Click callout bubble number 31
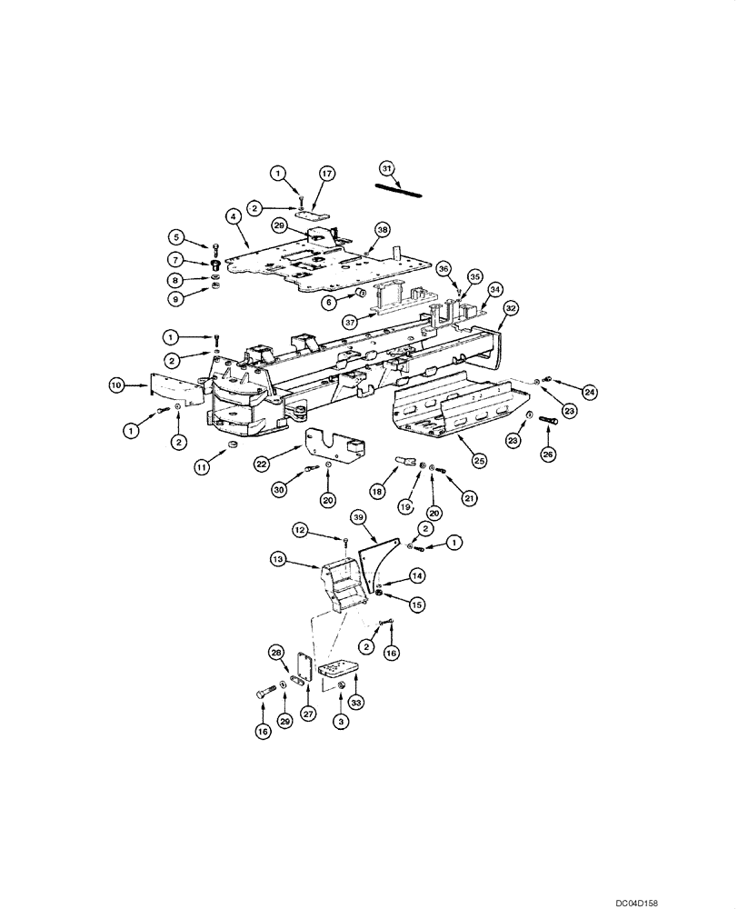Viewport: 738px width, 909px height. pos(386,168)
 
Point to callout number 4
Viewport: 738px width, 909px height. pos(234,216)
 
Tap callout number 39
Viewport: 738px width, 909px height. pos(358,517)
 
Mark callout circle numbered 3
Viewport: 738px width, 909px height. pos(341,721)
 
